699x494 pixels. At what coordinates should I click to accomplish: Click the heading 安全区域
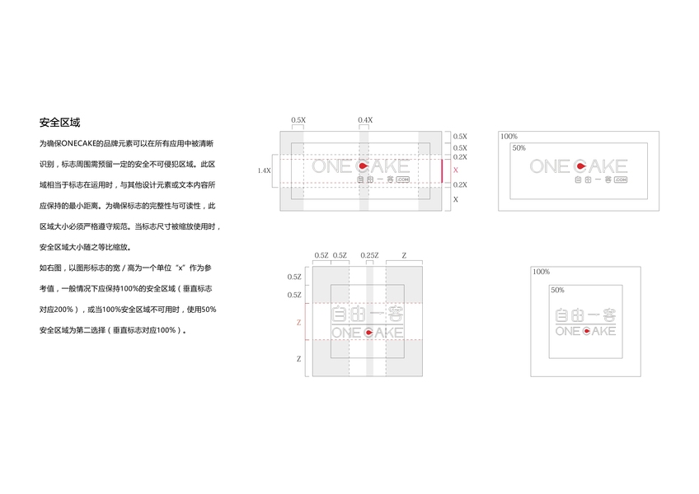pos(59,123)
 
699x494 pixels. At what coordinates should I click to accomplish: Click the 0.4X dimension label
pos(364,120)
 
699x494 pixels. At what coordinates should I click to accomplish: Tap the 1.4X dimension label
pos(264,170)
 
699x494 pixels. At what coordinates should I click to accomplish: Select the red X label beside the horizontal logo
pos(455,170)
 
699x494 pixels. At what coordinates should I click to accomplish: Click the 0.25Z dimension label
pos(369,256)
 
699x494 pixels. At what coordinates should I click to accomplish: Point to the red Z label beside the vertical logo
pos(298,323)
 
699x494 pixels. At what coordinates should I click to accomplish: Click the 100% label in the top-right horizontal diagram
pos(509,136)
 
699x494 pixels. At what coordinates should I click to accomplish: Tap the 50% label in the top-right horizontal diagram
pos(519,148)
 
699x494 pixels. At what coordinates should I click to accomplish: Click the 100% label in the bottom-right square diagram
pos(541,271)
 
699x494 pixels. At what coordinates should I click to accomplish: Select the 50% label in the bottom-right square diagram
pos(557,290)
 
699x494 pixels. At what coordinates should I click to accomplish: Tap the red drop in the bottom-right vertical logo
pos(587,331)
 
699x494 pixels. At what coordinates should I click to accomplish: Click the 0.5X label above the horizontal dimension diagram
pos(298,120)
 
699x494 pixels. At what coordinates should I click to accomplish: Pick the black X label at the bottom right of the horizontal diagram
pos(455,199)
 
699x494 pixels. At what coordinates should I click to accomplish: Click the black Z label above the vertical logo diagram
pos(403,256)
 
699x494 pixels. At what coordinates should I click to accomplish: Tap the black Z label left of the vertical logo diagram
pos(298,359)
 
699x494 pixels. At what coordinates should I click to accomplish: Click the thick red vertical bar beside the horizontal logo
pos(442,170)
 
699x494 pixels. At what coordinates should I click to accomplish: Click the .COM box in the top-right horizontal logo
pos(618,179)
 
